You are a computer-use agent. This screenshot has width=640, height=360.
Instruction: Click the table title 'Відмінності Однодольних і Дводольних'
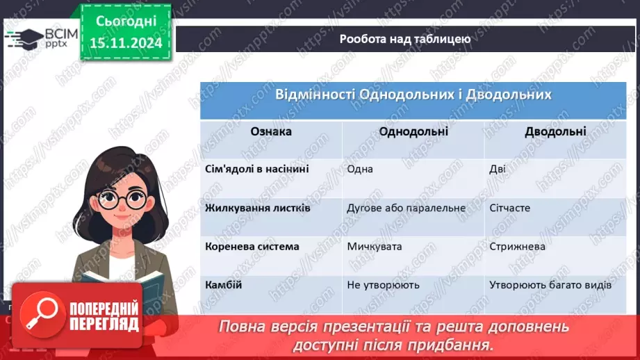point(413,95)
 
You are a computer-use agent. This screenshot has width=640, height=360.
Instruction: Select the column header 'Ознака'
point(271,131)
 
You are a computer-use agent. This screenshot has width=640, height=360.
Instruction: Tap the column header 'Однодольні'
point(413,131)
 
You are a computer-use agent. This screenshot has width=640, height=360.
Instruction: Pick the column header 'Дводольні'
point(555,131)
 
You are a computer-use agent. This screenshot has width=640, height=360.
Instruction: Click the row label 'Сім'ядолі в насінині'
point(247,169)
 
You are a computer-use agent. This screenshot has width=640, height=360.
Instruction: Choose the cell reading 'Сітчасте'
point(510,208)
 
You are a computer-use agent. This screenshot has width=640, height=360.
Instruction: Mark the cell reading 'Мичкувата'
point(375,247)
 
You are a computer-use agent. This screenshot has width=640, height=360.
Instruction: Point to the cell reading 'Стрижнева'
point(517,247)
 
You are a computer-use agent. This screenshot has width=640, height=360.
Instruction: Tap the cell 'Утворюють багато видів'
point(550,285)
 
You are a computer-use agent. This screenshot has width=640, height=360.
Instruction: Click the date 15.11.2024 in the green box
point(126,42)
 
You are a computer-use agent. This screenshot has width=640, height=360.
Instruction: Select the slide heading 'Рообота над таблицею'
point(405,39)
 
